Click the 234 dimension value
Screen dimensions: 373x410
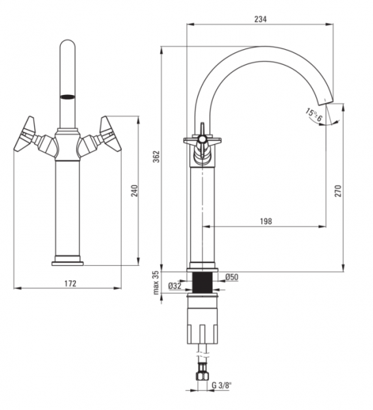[x=260, y=19]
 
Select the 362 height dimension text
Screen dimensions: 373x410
[x=156, y=156]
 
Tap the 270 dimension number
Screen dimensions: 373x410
[x=338, y=191]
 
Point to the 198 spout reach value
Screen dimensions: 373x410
[x=266, y=221]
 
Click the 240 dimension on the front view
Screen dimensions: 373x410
[x=134, y=191]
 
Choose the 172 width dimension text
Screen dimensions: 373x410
[x=70, y=284]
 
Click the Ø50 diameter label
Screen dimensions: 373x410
[x=232, y=277]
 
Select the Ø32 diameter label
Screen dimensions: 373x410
[x=175, y=286]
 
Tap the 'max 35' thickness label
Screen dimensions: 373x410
[x=156, y=283]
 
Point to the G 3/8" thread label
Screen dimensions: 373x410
[x=222, y=385]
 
